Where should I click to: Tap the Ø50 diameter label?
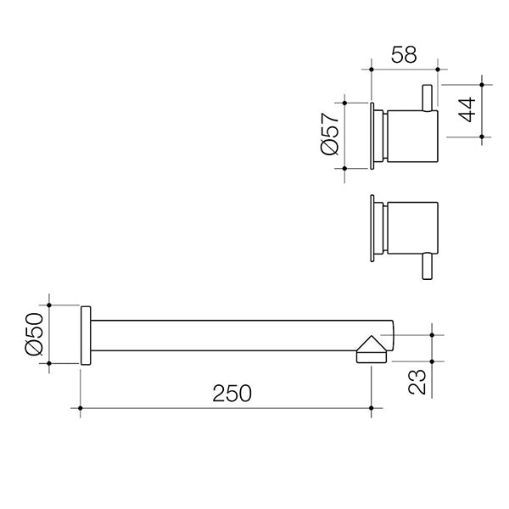point(34,334)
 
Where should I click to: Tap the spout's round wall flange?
point(85,335)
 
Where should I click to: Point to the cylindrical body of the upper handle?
point(411,136)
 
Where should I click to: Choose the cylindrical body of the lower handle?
point(411,229)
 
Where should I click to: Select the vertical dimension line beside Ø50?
point(50,334)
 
